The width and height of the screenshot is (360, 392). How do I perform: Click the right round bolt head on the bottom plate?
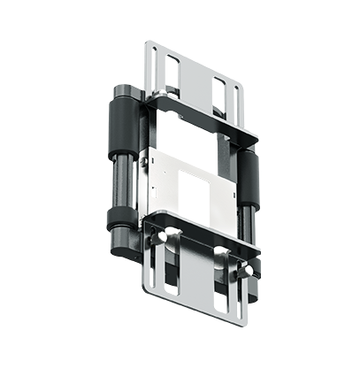coord(221,257)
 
